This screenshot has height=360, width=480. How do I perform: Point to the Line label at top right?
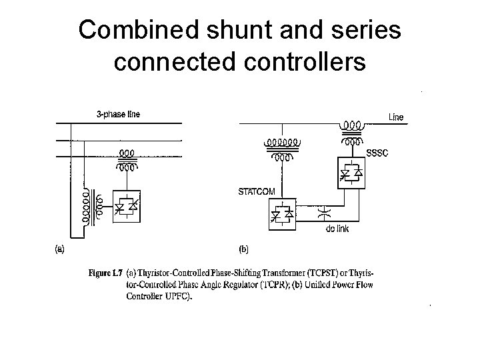click(x=396, y=117)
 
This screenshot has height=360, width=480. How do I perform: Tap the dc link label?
click(x=337, y=229)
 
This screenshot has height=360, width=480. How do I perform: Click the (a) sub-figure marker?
click(x=59, y=249)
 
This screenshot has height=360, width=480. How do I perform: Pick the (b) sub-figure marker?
click(x=243, y=249)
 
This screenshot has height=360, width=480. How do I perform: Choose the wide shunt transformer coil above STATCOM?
click(x=283, y=142)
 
